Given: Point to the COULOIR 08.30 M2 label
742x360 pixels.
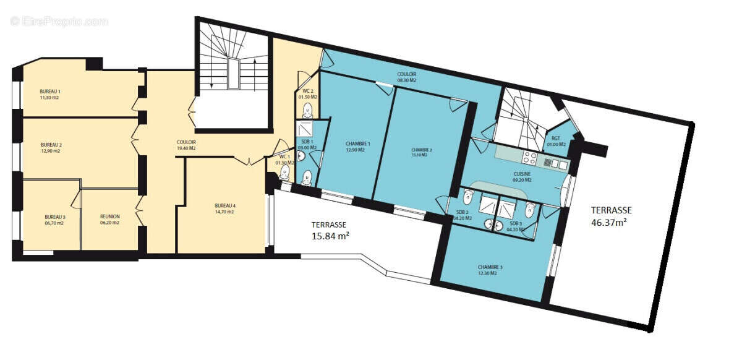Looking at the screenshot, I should click(x=406, y=77).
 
